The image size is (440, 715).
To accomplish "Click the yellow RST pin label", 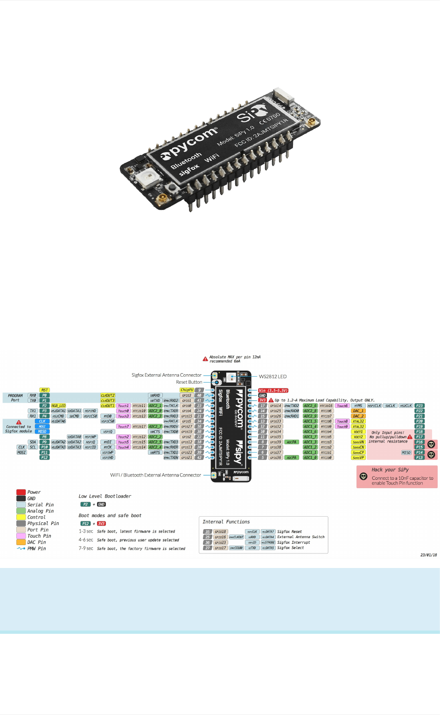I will (x=44, y=390).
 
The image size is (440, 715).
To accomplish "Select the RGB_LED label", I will (x=58, y=406).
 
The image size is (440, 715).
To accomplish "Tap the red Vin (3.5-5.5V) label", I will (x=273, y=390).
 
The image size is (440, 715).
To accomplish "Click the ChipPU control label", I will (x=187, y=390).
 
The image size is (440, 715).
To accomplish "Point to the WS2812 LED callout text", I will (x=272, y=376).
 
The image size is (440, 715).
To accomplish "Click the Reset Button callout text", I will (x=189, y=382).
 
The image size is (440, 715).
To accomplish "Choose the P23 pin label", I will (x=419, y=406).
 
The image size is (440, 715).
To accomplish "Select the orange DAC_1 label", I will (x=358, y=411).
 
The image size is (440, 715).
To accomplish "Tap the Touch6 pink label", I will (x=342, y=406).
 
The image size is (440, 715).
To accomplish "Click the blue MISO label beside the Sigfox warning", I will (x=42, y=432).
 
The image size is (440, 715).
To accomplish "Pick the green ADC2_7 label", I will (x=155, y=427).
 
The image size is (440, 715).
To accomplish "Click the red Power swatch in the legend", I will (x=21, y=492).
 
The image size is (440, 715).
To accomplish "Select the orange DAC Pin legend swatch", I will (x=21, y=542).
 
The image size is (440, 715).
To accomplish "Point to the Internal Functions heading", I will (x=226, y=522).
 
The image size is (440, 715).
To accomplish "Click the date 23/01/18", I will (x=428, y=555).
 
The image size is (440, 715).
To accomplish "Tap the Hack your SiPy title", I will (x=390, y=470).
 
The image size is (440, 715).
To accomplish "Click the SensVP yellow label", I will (x=358, y=457).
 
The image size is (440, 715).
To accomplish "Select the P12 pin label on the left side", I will (x=44, y=457).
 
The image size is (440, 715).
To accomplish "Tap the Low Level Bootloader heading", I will (x=105, y=496).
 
